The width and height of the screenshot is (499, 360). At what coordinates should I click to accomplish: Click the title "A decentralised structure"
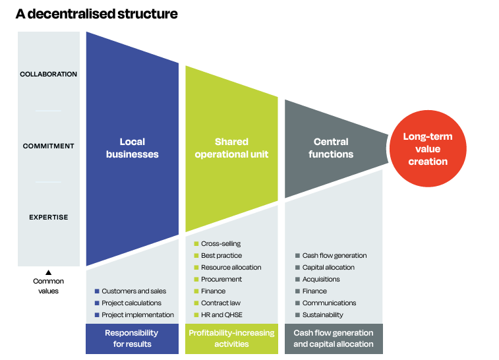pos(97,14)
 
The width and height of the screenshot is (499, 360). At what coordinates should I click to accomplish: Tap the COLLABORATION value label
pos(48,74)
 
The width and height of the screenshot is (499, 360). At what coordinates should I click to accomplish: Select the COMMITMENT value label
pos(48,146)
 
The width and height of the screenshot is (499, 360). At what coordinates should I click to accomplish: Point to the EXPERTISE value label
pos(48,218)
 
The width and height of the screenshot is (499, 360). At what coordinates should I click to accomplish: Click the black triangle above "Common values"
pos(48,272)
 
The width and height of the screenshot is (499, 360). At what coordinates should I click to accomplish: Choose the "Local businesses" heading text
pos(132,148)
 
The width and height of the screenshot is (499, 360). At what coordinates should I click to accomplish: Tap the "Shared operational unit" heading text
pos(231,148)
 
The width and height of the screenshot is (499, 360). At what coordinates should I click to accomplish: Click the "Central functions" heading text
pos(331,148)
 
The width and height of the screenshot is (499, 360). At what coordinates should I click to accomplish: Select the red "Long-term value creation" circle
pos(428,148)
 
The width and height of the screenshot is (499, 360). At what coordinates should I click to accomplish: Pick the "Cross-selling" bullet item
pos(218,244)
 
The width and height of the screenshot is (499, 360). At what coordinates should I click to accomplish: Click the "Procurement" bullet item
pos(218,280)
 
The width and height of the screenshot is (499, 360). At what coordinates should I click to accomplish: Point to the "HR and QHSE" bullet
pos(218,315)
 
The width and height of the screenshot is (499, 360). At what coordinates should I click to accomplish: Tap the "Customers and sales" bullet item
pos(131,291)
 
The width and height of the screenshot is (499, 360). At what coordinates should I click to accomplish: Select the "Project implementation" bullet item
pos(134,315)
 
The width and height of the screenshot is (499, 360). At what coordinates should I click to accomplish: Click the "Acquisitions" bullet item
pos(318,280)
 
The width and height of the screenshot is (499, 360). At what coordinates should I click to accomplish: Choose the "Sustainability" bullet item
pos(319,315)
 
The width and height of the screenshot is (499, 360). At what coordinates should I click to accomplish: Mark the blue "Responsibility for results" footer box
pos(132,339)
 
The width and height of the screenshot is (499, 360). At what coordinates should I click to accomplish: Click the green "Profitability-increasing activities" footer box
pos(231,339)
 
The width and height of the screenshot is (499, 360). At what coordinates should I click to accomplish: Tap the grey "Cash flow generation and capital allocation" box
pos(334,339)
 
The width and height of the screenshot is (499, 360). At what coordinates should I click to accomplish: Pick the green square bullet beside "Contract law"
pos(196,303)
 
